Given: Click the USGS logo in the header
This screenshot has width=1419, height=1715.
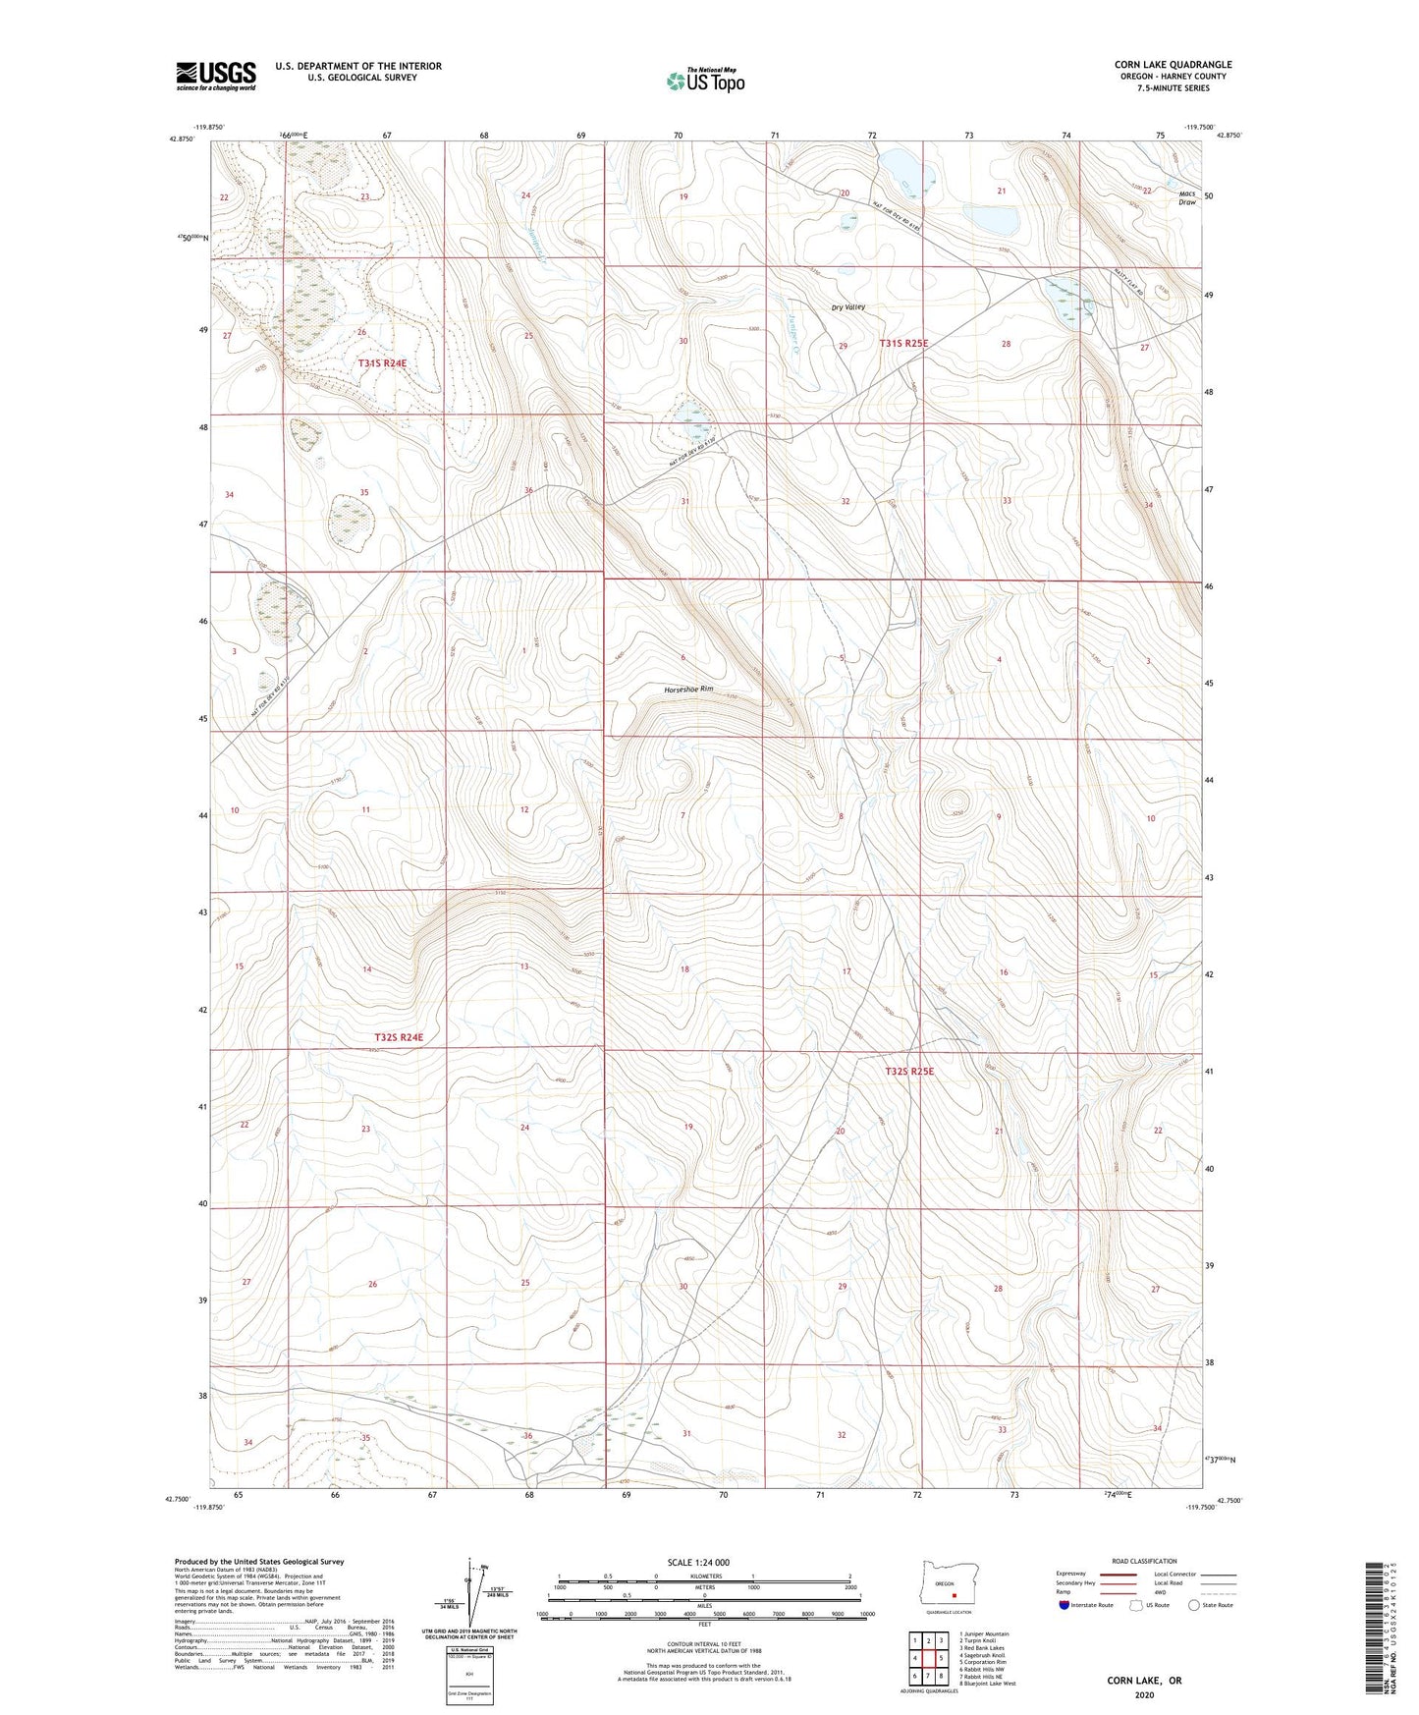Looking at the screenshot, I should (x=216, y=76).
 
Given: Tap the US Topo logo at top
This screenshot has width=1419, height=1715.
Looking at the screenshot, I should (x=704, y=81).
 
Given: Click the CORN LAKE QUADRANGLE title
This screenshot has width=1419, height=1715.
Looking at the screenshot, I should (x=1173, y=65).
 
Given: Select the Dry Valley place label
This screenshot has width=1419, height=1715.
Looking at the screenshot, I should (x=847, y=307).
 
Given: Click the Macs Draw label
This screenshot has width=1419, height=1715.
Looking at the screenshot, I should (x=1187, y=197).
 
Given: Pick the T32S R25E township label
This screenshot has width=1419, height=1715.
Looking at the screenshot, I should (x=902, y=1072).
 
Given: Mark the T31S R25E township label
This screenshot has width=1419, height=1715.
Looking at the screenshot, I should (x=902, y=344).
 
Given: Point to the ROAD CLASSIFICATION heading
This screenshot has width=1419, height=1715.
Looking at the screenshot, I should (x=1145, y=1561).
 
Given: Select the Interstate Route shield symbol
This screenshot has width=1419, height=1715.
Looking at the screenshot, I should (x=1065, y=1605).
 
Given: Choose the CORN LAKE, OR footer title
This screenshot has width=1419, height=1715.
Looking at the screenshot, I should (x=1144, y=1681).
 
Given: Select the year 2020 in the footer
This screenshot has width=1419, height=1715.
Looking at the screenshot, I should (x=1144, y=1695).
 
